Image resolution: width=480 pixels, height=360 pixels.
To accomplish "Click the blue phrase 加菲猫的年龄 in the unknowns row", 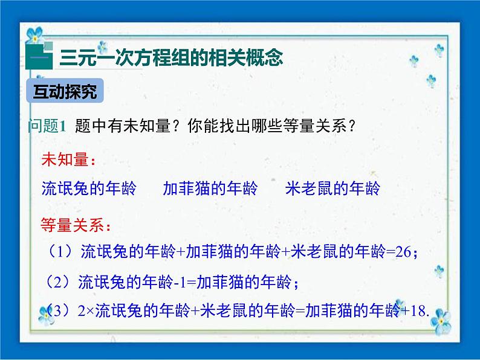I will pyautogui.click(x=210, y=188).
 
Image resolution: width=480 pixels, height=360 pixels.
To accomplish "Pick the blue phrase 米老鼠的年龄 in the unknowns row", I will pyautogui.click(x=332, y=188).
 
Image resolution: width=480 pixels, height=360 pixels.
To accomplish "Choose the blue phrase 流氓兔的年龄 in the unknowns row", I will pyautogui.click(x=89, y=188).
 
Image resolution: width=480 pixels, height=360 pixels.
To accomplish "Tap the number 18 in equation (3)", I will pyautogui.click(x=417, y=312).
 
